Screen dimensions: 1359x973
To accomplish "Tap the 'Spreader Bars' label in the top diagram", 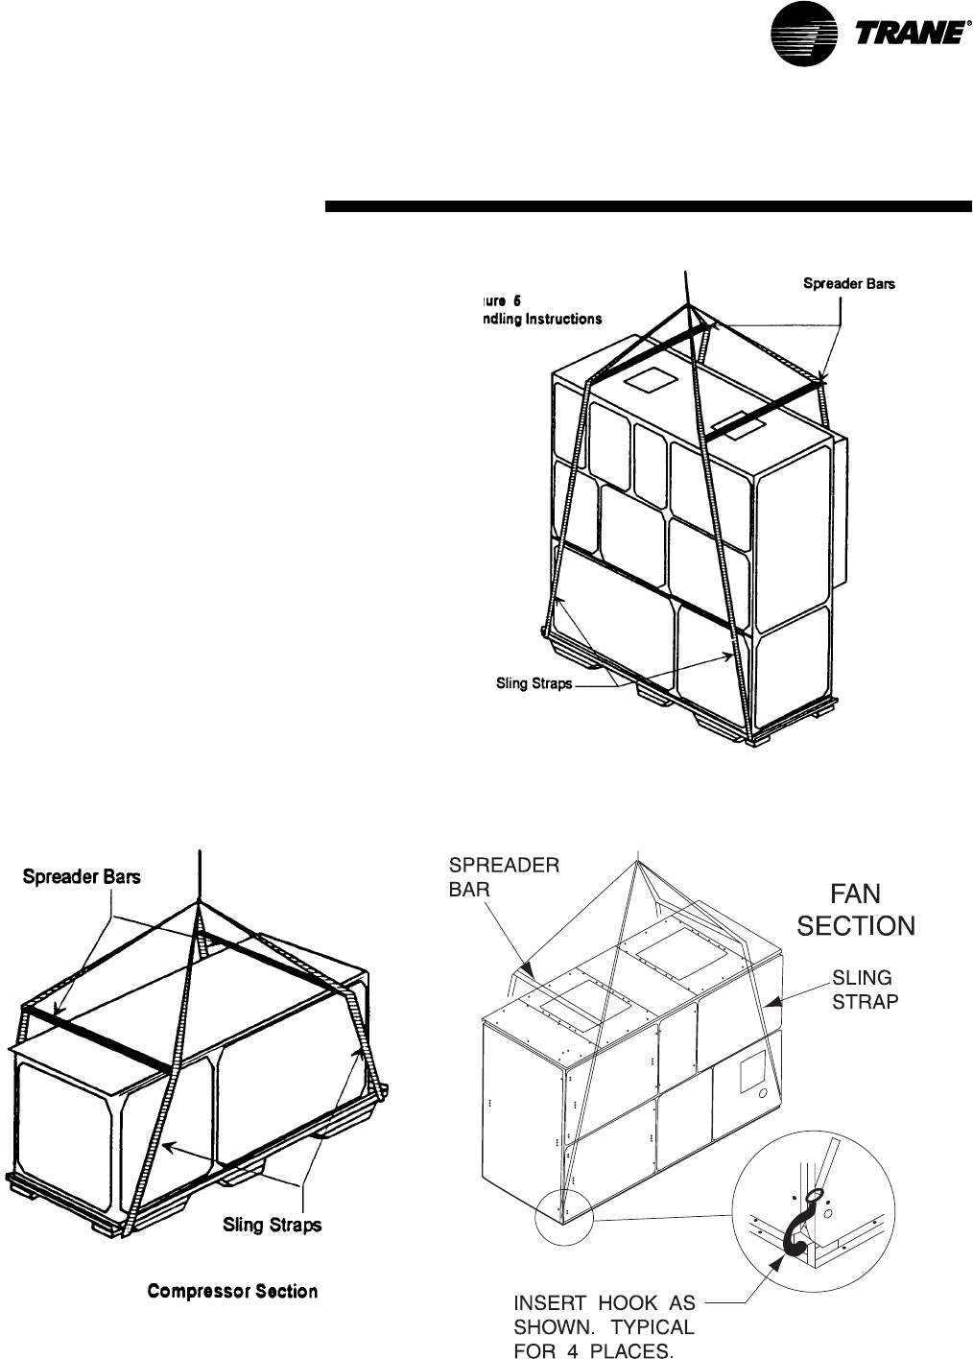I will tap(848, 284).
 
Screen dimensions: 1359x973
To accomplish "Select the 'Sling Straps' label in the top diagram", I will tap(534, 684).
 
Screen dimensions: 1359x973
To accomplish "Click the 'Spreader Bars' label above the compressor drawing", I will tap(82, 877).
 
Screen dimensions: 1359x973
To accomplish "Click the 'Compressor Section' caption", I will tap(232, 1291).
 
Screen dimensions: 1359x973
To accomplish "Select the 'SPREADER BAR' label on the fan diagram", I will tap(504, 877).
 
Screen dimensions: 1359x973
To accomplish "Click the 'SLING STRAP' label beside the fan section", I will tap(862, 989).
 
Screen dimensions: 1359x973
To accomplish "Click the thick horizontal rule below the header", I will tap(648, 205).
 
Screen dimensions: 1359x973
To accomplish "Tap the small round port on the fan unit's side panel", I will tap(760, 1093).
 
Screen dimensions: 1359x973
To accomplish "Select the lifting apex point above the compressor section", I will tap(200, 904).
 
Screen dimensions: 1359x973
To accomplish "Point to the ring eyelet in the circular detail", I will tap(814, 1195).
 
